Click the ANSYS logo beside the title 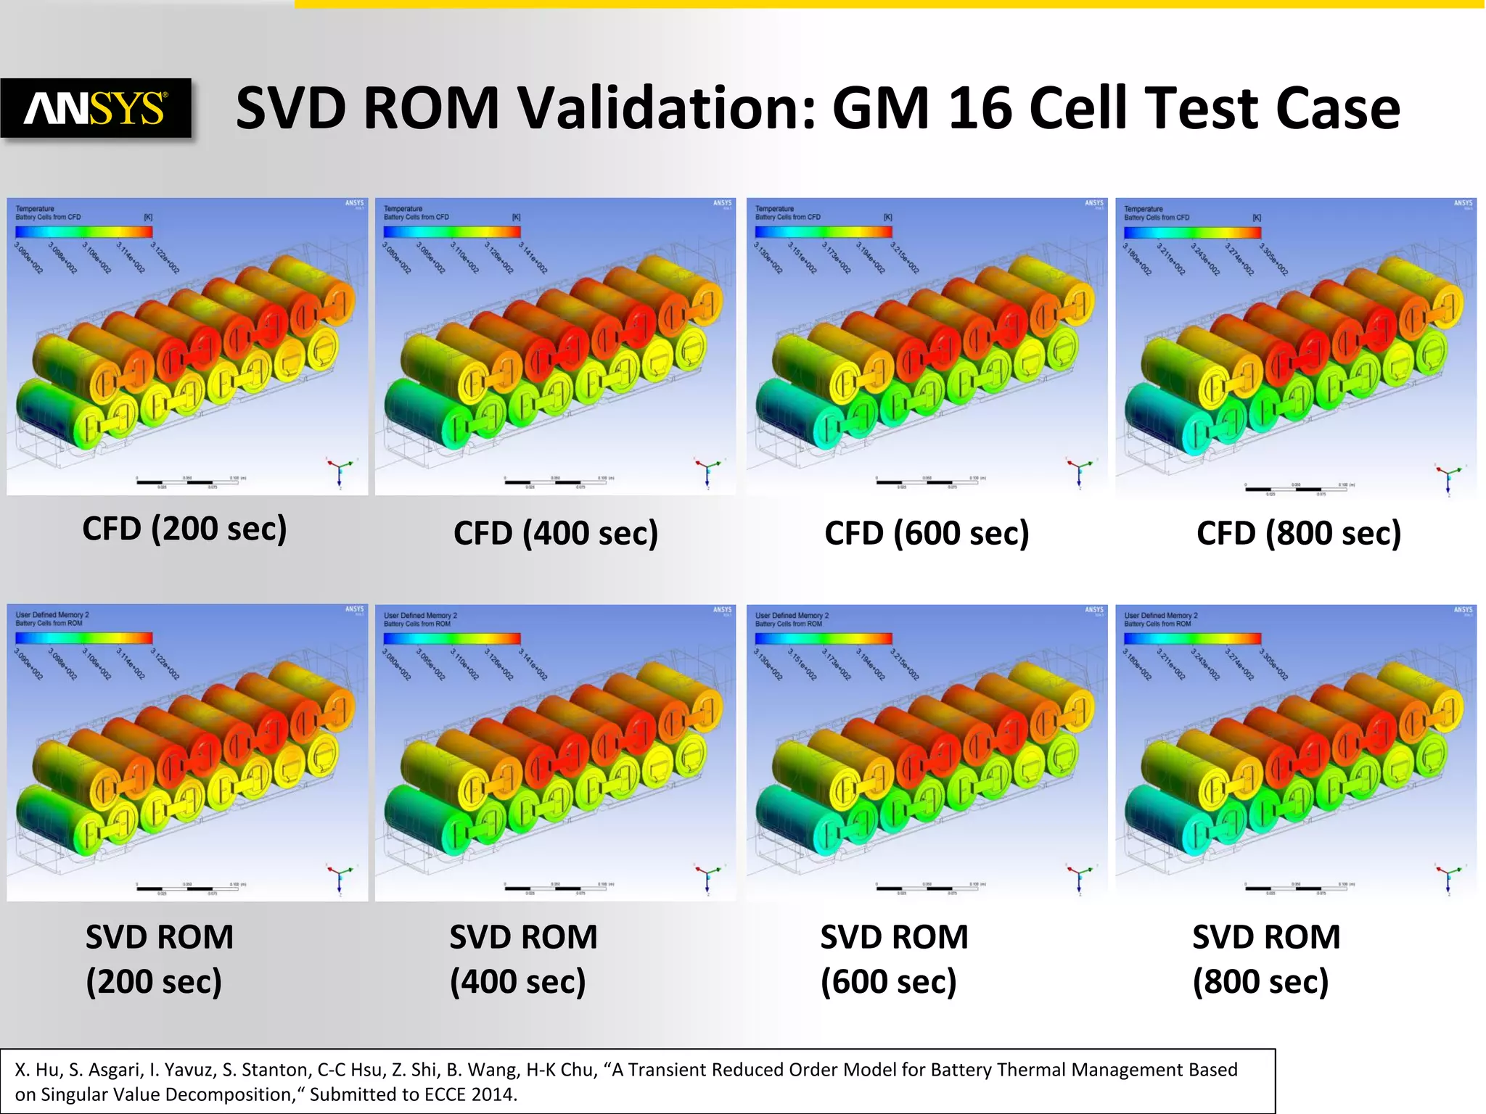95,109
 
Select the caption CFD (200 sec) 184,529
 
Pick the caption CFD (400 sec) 556,533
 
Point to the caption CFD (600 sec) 927,533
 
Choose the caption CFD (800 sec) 1298,533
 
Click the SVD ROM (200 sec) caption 159,959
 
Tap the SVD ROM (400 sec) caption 523,959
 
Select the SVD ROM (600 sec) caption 894,959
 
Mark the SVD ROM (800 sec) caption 1266,959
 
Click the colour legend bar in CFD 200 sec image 83,232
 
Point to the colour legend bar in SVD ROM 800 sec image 1192,639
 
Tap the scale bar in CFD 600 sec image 926,481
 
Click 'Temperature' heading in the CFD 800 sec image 1143,209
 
